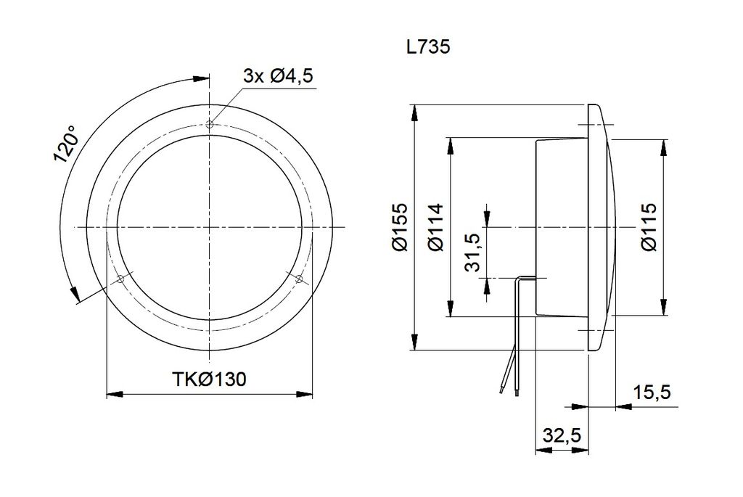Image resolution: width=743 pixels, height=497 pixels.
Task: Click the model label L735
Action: (x=428, y=47)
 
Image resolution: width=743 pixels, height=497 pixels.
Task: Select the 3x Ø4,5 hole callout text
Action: (x=278, y=75)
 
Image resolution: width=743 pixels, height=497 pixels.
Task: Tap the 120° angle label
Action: (x=65, y=144)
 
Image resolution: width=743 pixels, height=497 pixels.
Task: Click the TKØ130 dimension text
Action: (x=209, y=379)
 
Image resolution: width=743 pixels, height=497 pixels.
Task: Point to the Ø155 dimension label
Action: (x=401, y=227)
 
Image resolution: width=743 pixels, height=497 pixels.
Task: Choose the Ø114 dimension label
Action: (x=435, y=227)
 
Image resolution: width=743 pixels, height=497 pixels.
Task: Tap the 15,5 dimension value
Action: (x=652, y=393)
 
